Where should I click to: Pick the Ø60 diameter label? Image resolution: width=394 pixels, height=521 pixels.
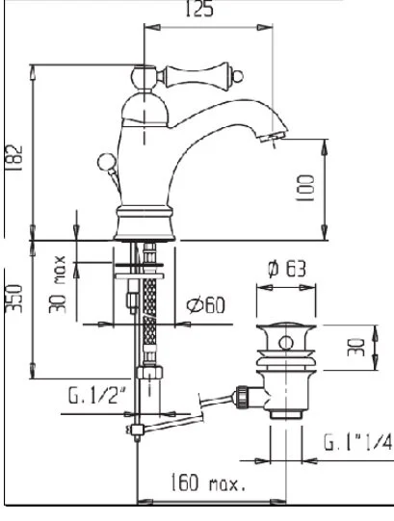point(205,305)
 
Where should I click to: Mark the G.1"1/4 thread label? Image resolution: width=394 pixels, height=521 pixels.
point(356,443)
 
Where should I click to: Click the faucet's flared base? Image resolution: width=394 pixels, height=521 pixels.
point(144,223)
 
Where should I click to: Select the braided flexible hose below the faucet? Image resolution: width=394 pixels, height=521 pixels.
point(150,308)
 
